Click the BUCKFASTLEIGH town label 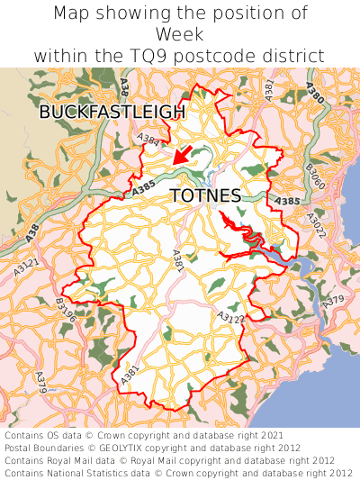(112, 113)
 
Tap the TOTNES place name (204, 195)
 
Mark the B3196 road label (66, 309)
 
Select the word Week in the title (180, 34)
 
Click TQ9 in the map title (158, 55)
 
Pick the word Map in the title (72, 14)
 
